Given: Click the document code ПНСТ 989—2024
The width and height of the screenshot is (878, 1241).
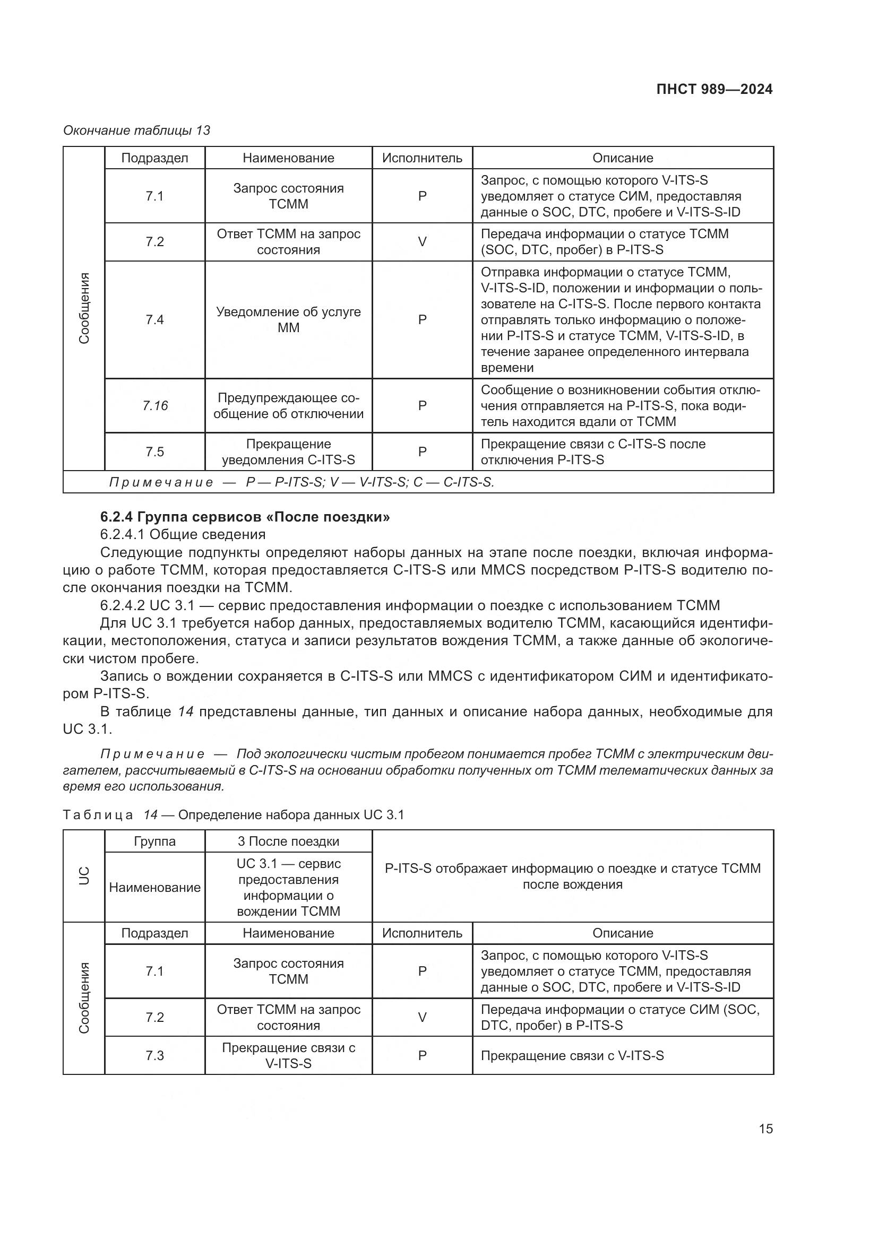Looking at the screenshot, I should [x=714, y=89].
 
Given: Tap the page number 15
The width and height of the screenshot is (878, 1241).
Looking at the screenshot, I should [x=765, y=1129].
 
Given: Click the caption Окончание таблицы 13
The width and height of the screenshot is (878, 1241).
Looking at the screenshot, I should [x=137, y=131].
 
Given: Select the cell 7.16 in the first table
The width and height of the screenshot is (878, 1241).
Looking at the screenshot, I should [x=155, y=405].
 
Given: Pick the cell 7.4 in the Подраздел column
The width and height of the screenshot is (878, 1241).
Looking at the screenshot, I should [x=154, y=319].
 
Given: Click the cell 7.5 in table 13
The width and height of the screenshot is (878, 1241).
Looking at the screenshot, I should [x=154, y=452].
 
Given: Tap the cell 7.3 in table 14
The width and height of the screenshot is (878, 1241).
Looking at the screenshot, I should [x=154, y=1055].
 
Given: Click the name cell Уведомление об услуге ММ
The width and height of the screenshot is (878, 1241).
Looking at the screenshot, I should [x=288, y=319].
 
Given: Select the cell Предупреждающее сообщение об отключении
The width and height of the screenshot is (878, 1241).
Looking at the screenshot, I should [x=288, y=405].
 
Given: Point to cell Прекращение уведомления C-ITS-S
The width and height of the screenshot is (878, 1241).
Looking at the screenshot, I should [x=288, y=452].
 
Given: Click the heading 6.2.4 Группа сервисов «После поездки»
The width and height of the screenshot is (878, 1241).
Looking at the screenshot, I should [x=245, y=517].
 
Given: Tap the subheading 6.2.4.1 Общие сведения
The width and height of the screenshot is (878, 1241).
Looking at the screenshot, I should [x=183, y=534].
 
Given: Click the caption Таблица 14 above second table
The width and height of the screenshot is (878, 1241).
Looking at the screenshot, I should [x=233, y=814].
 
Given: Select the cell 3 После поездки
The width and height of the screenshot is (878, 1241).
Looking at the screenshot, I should [x=288, y=841].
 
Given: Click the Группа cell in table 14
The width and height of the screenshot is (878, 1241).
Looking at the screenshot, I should [x=154, y=841].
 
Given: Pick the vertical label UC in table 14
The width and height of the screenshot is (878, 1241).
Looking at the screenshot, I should [x=84, y=875].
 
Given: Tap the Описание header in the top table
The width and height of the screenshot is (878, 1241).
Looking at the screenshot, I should [x=622, y=158].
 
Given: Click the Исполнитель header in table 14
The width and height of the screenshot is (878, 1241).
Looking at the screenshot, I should [x=421, y=933].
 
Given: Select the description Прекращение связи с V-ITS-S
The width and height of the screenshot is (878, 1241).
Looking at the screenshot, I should [x=572, y=1055].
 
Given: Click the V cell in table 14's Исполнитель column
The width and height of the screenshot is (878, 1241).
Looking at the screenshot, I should [x=422, y=1017].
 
